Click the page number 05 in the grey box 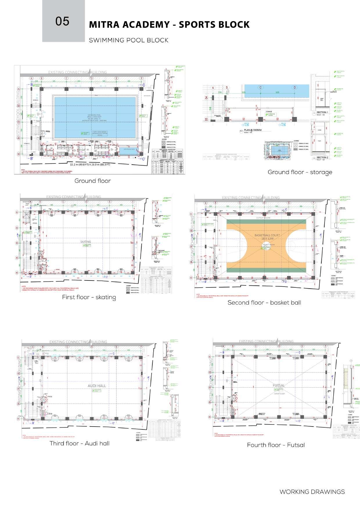click(x=62, y=21)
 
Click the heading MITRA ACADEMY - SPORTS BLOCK click(x=169, y=25)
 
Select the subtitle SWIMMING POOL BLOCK click(x=129, y=40)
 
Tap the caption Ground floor click(x=93, y=181)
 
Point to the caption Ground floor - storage click(x=300, y=172)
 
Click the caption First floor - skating click(x=89, y=297)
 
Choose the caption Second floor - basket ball click(x=264, y=303)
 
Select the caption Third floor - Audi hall click(x=80, y=443)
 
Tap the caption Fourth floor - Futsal click(x=276, y=445)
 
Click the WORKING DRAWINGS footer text click(x=312, y=492)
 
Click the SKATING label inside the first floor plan click(x=86, y=242)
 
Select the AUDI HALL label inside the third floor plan click(x=97, y=386)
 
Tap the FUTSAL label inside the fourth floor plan click(x=279, y=386)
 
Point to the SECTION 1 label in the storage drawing click(x=322, y=112)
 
